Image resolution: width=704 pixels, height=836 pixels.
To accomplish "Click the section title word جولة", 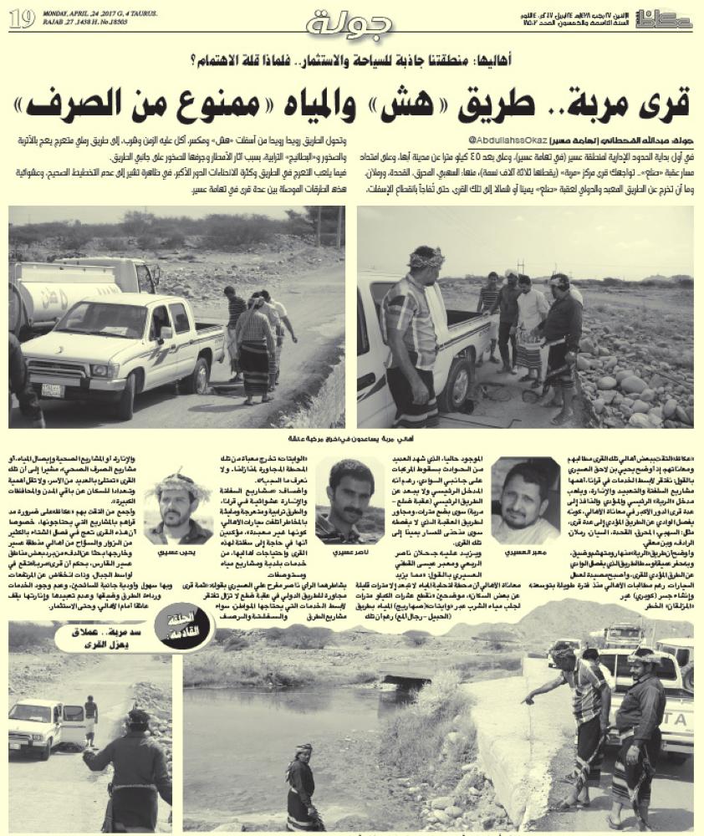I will [x=349, y=23].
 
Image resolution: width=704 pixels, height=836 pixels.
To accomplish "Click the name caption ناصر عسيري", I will [x=344, y=553].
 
